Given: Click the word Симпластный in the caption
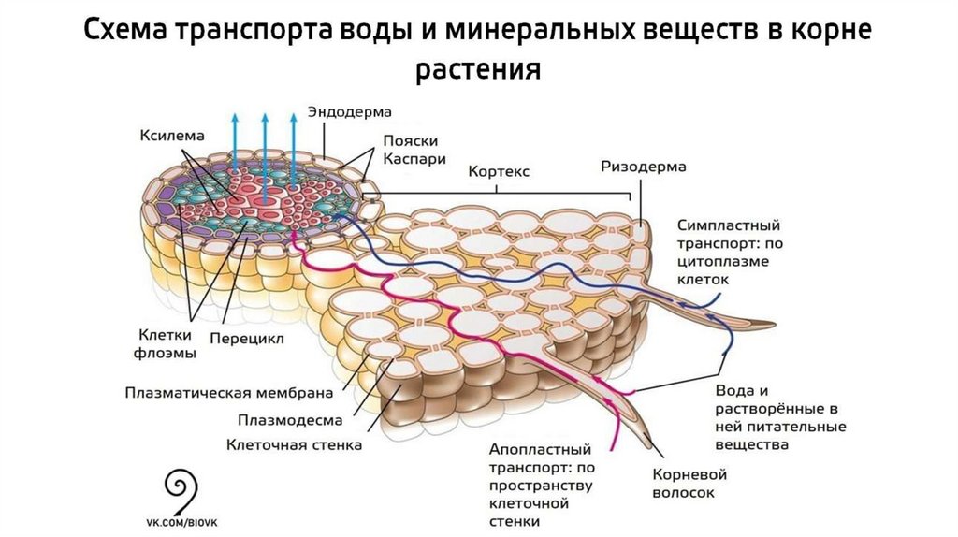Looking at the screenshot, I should tap(728, 225).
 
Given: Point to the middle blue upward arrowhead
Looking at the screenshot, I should tap(265, 119).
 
